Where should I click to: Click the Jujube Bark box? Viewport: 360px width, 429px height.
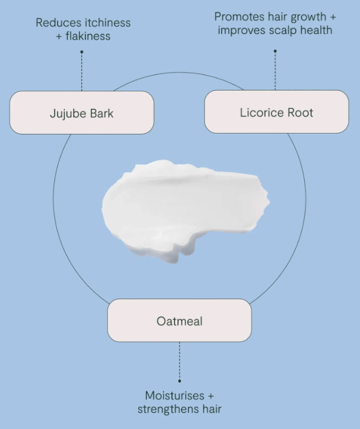[x=82, y=113]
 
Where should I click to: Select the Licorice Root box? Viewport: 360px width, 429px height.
[x=276, y=112]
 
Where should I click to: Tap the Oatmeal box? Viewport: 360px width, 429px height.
[x=179, y=321]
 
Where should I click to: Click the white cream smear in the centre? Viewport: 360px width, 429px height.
[x=182, y=209]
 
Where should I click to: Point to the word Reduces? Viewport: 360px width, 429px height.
[x=57, y=23]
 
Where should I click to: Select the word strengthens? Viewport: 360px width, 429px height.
[x=168, y=409]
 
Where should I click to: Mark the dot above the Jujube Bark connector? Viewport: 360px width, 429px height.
[x=81, y=52]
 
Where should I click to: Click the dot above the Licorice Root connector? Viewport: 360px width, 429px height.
[x=275, y=51]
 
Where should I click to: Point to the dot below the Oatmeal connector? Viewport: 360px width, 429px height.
[x=179, y=381]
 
